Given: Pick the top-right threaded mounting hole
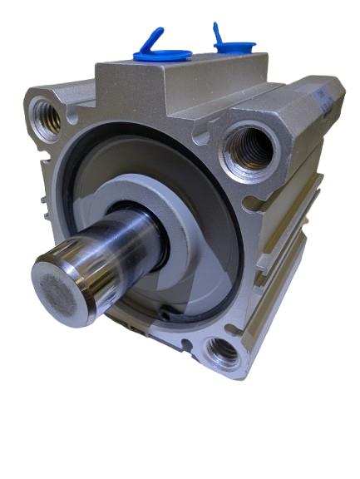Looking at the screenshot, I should pos(248,151).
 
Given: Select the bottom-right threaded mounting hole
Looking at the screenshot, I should pos(222,353).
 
